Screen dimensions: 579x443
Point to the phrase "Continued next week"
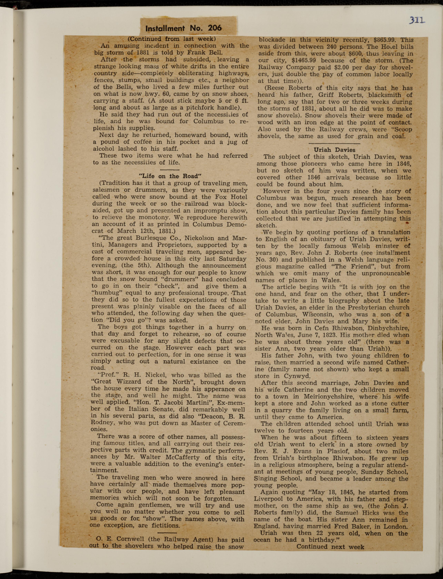pyautogui.click(x=330, y=547)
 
